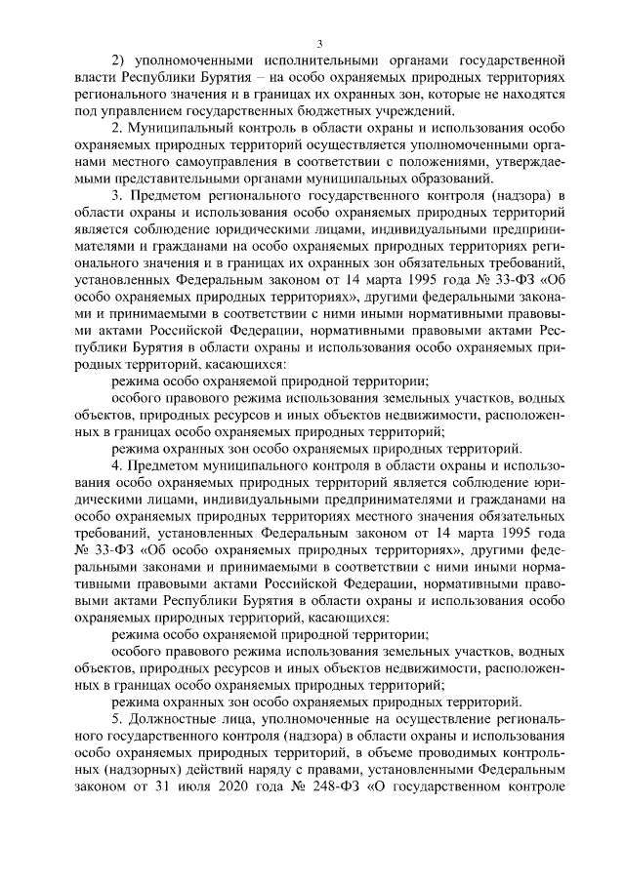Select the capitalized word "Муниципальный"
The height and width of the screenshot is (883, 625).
coord(180,132)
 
